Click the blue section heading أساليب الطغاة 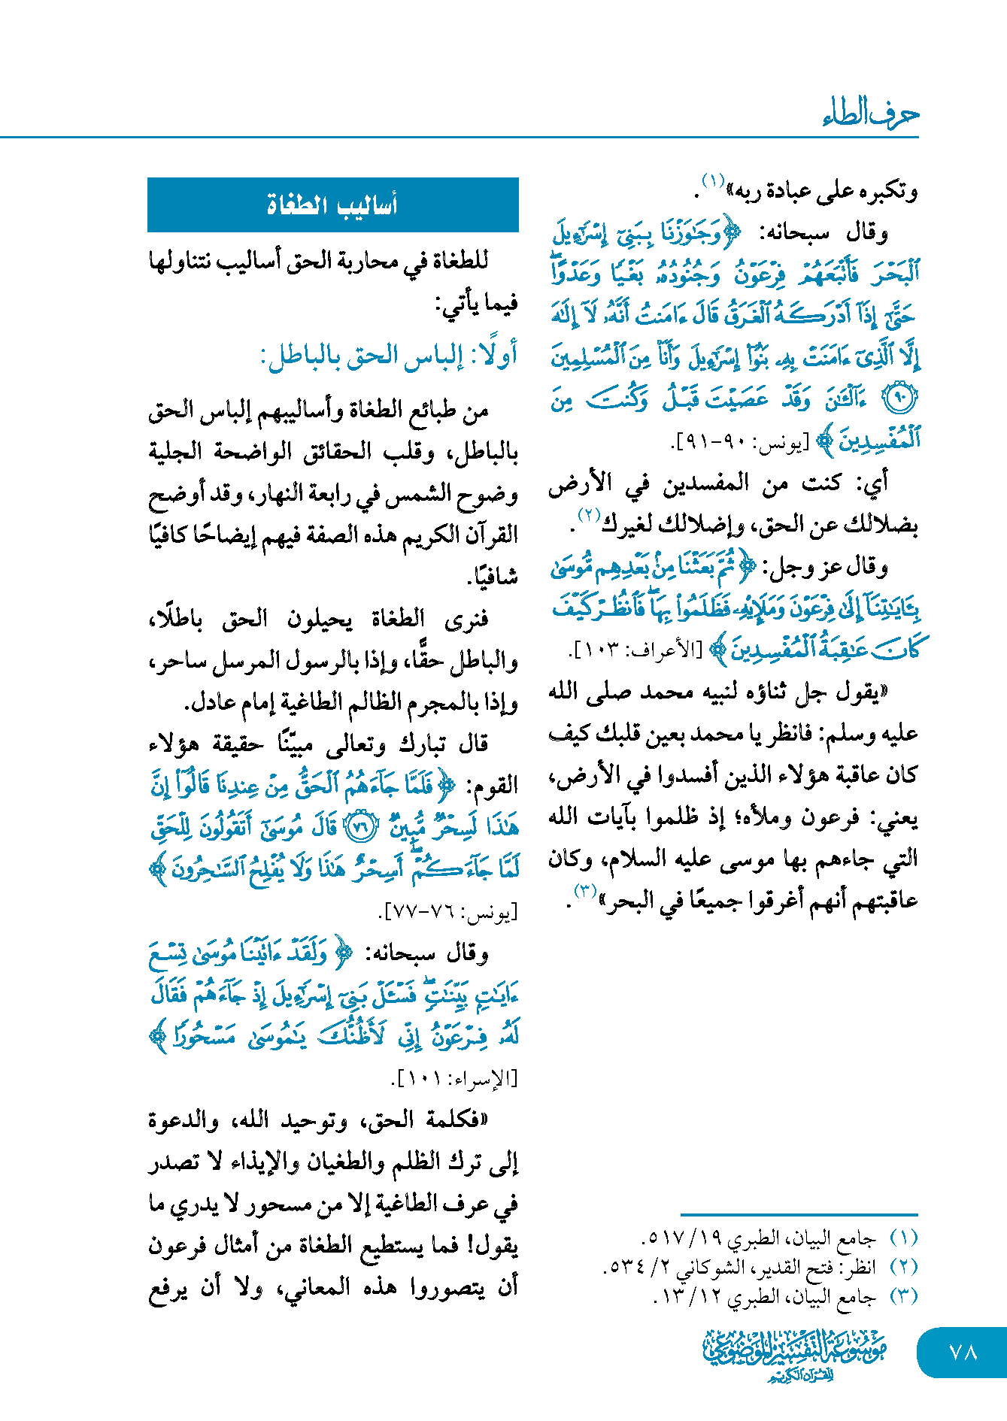click(x=332, y=205)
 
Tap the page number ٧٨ click(x=963, y=1353)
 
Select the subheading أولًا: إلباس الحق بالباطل click(x=389, y=355)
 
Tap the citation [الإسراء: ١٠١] click(x=455, y=1080)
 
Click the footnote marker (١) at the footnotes click(x=903, y=1238)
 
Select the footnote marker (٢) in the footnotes click(x=903, y=1267)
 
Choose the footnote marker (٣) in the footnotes click(x=903, y=1296)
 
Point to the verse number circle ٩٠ click(x=899, y=398)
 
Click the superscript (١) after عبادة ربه click(x=712, y=181)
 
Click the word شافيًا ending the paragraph click(x=493, y=577)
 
